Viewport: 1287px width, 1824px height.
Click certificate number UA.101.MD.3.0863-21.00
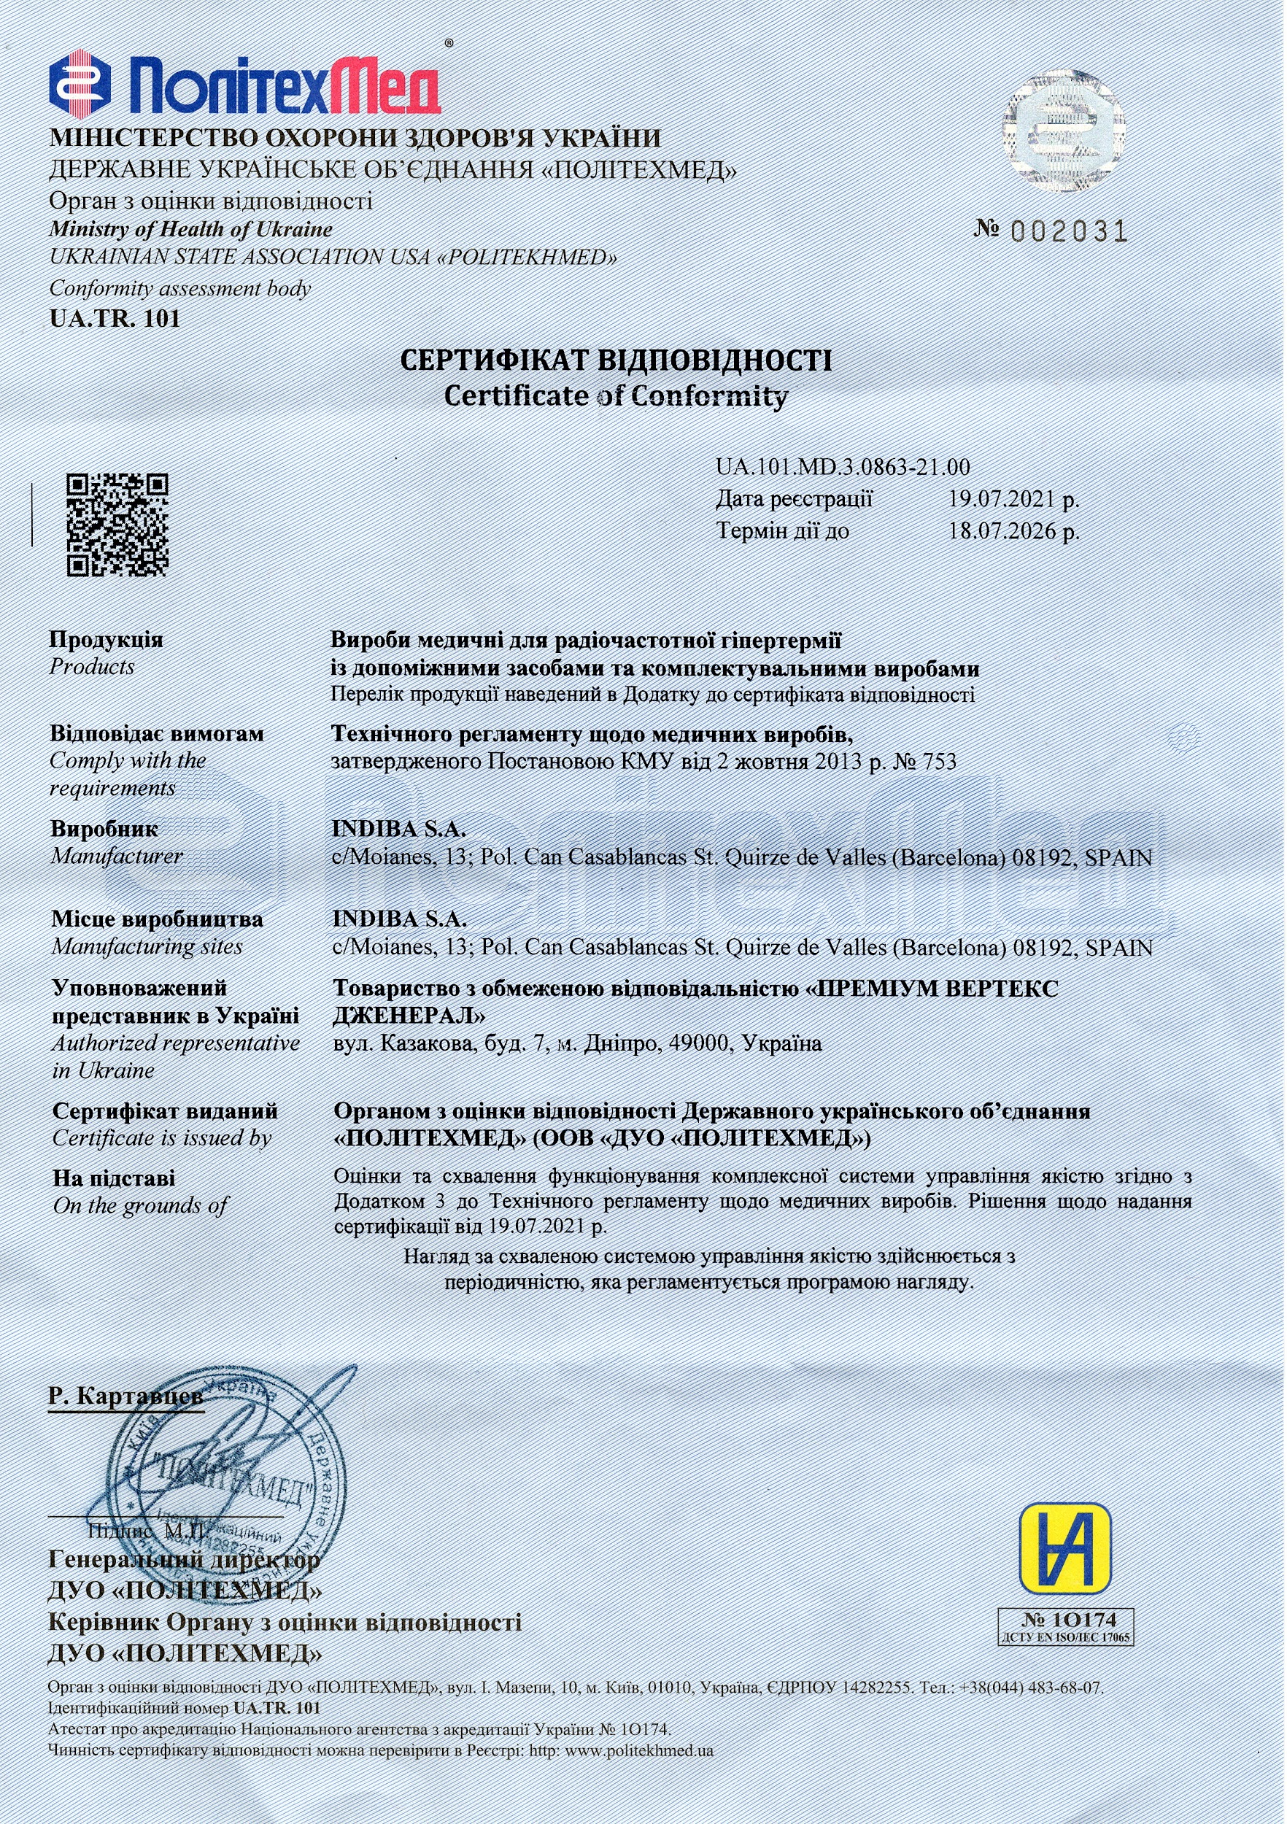point(842,467)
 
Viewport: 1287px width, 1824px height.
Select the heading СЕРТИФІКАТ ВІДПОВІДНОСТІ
point(616,361)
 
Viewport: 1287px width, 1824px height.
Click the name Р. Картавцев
point(125,1396)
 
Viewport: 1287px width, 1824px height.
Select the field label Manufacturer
point(117,857)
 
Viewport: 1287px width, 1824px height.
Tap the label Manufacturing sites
point(147,947)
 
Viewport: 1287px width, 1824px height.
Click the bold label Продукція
point(107,640)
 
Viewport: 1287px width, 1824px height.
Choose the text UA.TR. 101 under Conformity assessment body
point(115,320)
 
